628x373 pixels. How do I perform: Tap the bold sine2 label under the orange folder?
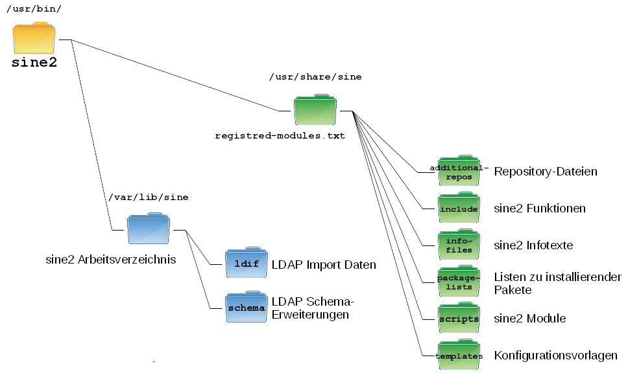pos(34,63)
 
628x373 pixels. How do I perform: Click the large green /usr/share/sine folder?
pos(315,111)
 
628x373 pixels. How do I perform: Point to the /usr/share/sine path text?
pos(315,77)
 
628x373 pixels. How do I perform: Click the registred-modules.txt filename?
pos(280,137)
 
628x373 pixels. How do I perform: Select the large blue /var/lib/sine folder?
pos(149,231)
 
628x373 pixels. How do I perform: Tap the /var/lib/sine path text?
pos(149,197)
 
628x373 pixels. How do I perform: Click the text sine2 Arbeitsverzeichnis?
pos(111,260)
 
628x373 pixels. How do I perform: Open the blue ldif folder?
pos(246,264)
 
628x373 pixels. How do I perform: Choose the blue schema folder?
pos(246,308)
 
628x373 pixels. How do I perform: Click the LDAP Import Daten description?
pos(324,265)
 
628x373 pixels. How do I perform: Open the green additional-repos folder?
pos(459,172)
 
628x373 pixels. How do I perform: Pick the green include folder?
pos(459,209)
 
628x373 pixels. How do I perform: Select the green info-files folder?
pos(459,245)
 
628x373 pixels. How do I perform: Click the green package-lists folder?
pos(459,282)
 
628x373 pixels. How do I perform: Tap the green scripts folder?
pos(459,319)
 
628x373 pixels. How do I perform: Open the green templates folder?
pos(459,356)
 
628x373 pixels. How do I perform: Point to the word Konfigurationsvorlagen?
pos(555,356)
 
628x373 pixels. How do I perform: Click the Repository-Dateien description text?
pos(546,172)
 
